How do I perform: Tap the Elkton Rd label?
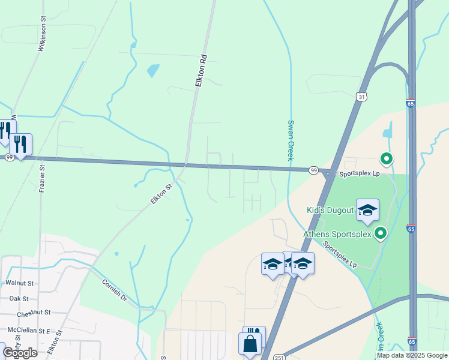pos(202,72)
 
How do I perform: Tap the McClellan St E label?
pos(27,331)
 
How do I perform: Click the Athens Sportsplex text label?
pos(337,234)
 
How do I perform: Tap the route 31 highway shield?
pos(360,97)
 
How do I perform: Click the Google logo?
pos(20,353)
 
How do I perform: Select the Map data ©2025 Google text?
pos(412,355)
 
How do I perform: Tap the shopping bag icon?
pos(250,344)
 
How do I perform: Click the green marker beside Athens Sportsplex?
pos(380,233)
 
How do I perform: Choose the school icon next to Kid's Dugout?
pos(367,209)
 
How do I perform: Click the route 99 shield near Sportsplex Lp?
pos(313,170)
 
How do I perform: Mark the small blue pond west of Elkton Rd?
pos(153,71)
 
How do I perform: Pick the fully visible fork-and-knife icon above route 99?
pos(21,144)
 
